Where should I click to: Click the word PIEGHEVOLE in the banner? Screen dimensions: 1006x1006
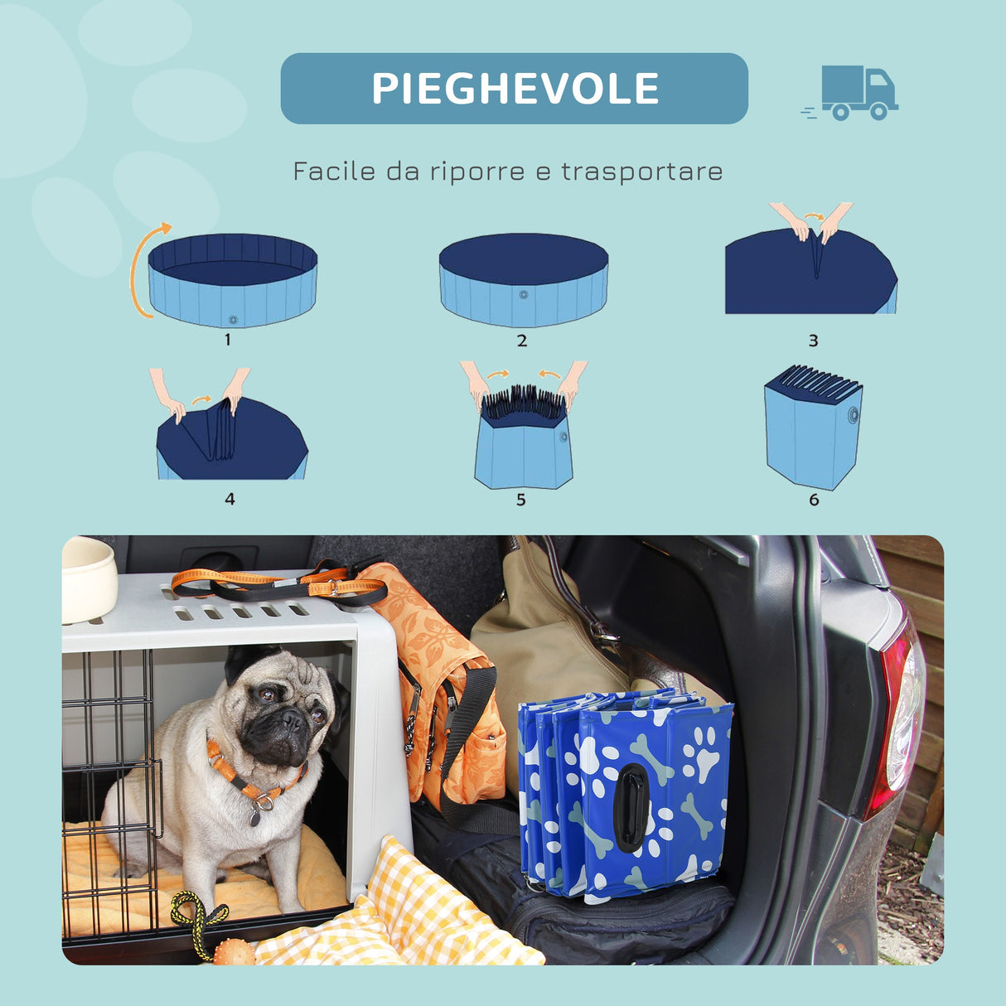pyautogui.click(x=515, y=89)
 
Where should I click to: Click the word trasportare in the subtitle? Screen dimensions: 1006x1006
pyautogui.click(x=641, y=172)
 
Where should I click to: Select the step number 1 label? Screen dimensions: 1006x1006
pyautogui.click(x=228, y=340)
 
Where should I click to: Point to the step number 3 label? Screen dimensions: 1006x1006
pyautogui.click(x=813, y=341)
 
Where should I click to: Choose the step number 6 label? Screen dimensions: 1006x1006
pyautogui.click(x=813, y=500)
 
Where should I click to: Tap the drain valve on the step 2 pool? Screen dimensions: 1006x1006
pyautogui.click(x=523, y=294)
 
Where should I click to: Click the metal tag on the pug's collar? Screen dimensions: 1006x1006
pyautogui.click(x=254, y=816)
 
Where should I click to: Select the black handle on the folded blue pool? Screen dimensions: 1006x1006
pyautogui.click(x=632, y=807)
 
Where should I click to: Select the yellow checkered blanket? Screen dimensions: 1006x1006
pyautogui.click(x=414, y=920)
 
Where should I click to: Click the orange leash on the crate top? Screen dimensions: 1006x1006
pyautogui.click(x=273, y=583)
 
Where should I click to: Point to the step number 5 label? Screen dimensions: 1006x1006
pyautogui.click(x=520, y=500)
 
